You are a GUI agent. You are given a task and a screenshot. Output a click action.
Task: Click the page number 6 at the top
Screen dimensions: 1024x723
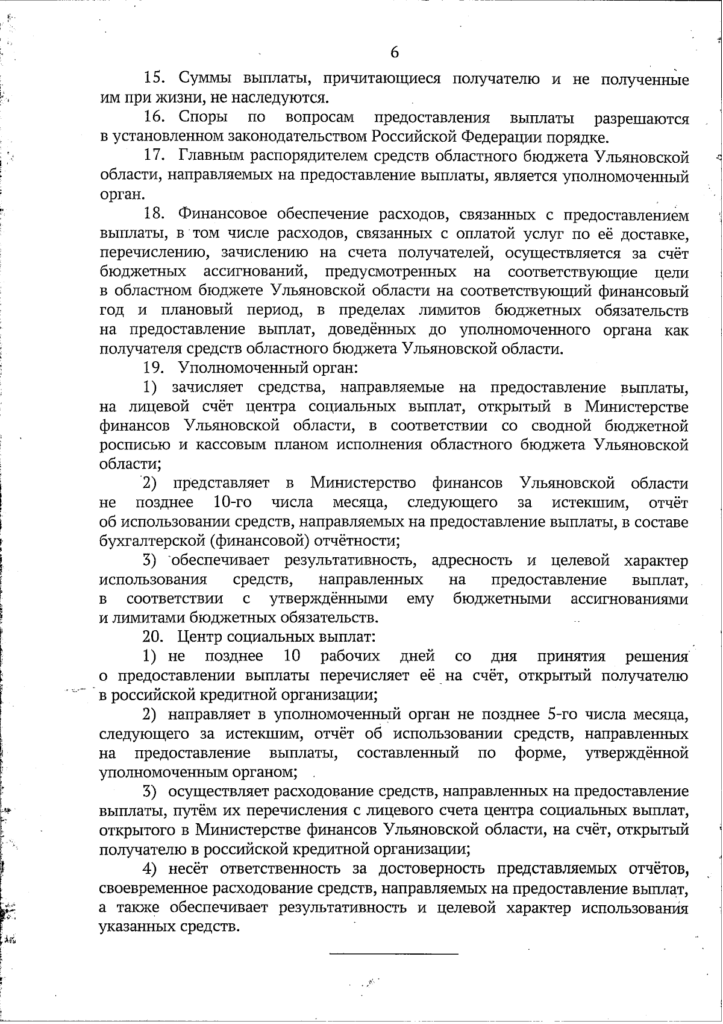coord(395,52)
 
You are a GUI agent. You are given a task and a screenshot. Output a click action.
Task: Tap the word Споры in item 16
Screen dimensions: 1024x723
coord(204,117)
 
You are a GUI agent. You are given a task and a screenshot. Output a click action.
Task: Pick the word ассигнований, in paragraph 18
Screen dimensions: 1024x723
coord(254,272)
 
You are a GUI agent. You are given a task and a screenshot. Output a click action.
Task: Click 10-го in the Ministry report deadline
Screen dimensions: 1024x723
coord(233,502)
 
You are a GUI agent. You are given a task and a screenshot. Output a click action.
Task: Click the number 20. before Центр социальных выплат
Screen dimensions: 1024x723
coord(153,637)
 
